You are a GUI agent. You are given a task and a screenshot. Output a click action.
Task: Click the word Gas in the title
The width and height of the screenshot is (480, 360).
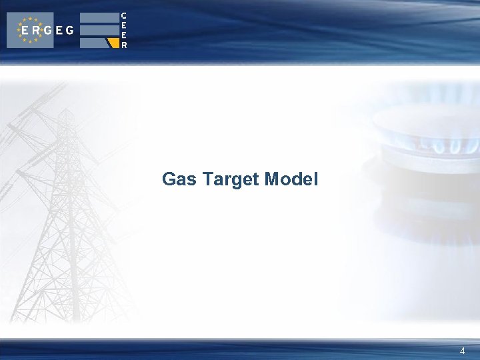[x=179, y=179]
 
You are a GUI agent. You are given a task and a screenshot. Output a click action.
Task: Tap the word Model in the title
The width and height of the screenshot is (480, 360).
[x=291, y=179]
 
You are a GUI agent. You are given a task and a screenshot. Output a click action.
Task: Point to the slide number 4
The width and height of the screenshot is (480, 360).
[x=463, y=351]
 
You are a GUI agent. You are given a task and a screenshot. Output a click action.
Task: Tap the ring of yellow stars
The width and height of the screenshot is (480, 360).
[x=30, y=30]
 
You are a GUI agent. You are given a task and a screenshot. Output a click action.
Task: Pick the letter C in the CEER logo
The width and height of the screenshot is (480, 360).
[x=124, y=15]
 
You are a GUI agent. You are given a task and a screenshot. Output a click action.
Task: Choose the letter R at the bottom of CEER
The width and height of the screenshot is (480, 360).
[x=124, y=45]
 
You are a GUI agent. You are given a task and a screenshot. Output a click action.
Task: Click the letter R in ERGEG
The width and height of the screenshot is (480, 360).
[x=35, y=30]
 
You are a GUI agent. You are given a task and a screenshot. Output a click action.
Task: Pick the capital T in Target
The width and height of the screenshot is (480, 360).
[x=207, y=179]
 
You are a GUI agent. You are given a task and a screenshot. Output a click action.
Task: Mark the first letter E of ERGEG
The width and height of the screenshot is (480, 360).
[x=24, y=30]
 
